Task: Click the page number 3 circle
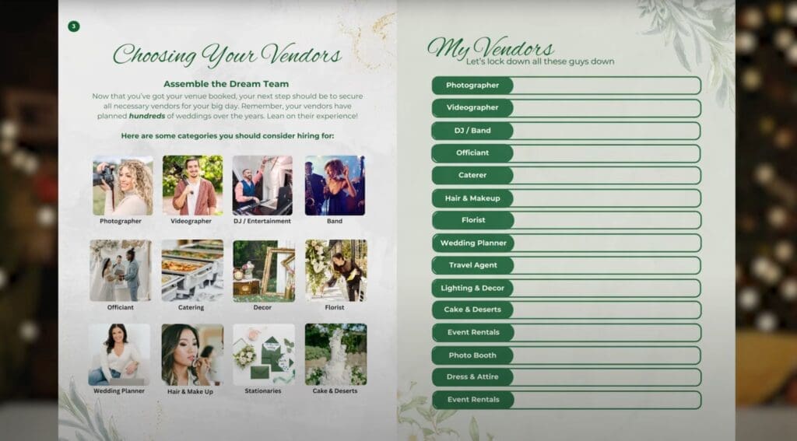pyautogui.click(x=74, y=26)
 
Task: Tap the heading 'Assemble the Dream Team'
pyautogui.click(x=226, y=84)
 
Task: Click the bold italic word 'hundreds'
pyautogui.click(x=147, y=116)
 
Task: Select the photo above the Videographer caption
pyautogui.click(x=193, y=185)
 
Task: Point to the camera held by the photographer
pyautogui.click(x=105, y=176)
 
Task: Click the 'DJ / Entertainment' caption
pyautogui.click(x=262, y=221)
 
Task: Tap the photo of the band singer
pyautogui.click(x=335, y=185)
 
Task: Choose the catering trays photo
pyautogui.click(x=192, y=271)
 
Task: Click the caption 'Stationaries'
pyautogui.click(x=263, y=390)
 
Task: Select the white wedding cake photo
pyautogui.click(x=335, y=354)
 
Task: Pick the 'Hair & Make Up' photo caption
pyautogui.click(x=190, y=392)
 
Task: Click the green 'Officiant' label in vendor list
pyautogui.click(x=472, y=153)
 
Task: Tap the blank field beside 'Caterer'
pyautogui.click(x=607, y=175)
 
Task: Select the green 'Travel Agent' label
pyautogui.click(x=472, y=265)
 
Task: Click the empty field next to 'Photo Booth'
pyautogui.click(x=607, y=355)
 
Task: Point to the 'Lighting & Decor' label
pyautogui.click(x=472, y=288)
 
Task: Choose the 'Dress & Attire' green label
pyautogui.click(x=472, y=377)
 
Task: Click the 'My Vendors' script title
pyautogui.click(x=490, y=48)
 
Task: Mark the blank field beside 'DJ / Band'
pyautogui.click(x=607, y=131)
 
